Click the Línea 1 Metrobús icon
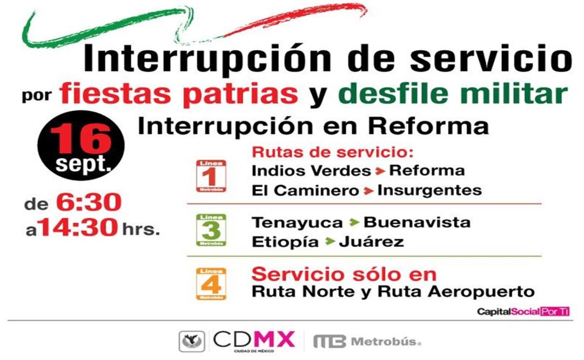[211, 176]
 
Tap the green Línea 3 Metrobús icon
[211, 230]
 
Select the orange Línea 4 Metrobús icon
[211, 283]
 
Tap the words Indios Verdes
[311, 171]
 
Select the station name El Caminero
[305, 190]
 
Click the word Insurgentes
[429, 190]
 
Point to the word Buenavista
[417, 222]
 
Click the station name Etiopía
[285, 242]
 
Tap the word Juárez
[372, 242]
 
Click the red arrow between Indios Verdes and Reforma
[380, 171]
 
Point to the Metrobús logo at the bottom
[367, 342]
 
